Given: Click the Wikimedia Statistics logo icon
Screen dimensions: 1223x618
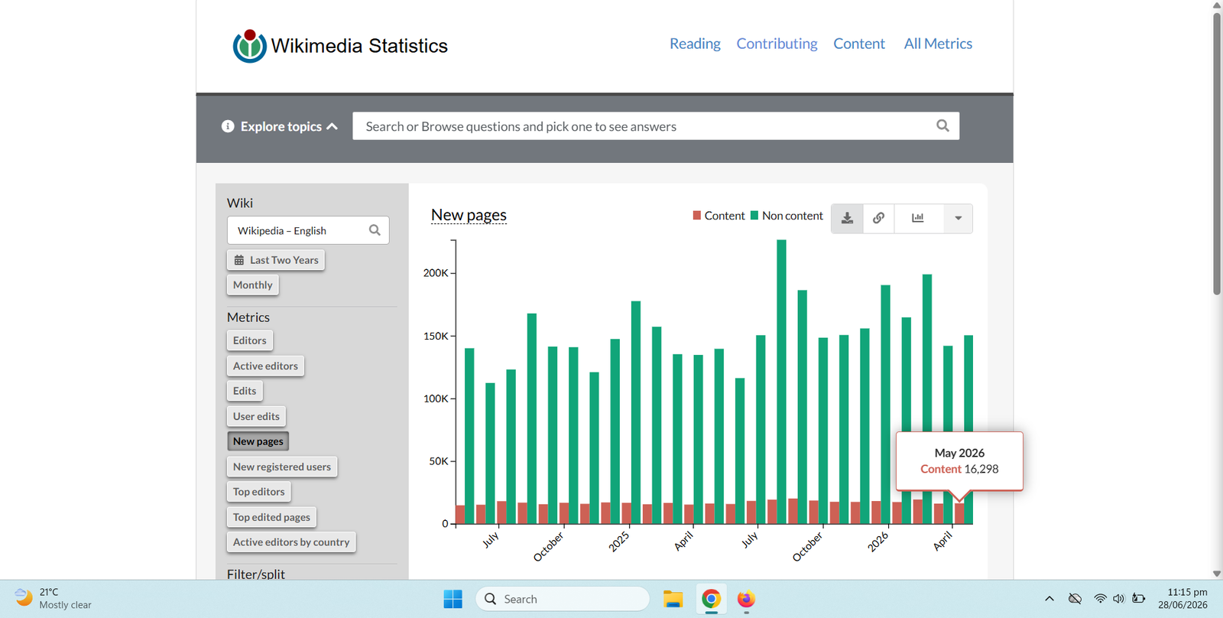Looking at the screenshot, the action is coord(249,46).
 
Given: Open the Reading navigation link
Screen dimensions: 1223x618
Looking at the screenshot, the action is coord(695,44).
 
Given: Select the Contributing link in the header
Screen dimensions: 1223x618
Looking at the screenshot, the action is coord(777,44).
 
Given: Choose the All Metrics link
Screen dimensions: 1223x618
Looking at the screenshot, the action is coord(937,44).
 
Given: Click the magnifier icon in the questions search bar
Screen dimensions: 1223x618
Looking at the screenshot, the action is coord(942,125).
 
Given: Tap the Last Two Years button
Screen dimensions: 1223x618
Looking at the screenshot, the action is coord(276,260).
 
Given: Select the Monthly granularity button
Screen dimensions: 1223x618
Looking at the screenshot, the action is coord(253,285).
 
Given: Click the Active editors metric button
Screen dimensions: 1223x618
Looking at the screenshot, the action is coord(265,366).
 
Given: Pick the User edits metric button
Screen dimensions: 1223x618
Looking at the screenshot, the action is coord(256,416).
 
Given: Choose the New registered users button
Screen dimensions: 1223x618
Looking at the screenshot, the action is coord(282,467).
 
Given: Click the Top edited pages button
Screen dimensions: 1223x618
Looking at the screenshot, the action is coord(271,517).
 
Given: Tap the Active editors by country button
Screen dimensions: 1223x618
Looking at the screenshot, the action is coord(291,542).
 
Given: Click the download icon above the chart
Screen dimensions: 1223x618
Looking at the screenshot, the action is coord(847,218).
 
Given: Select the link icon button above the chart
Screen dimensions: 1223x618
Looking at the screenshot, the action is coord(878,218).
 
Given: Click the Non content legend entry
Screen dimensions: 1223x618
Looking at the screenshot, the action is coord(787,216).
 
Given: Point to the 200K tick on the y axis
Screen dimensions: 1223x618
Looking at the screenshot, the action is coord(435,272).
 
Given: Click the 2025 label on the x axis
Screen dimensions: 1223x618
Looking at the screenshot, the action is coord(619,542).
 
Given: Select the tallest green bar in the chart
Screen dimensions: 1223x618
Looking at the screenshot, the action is coord(781,382).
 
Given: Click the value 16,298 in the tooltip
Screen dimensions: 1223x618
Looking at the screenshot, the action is coord(981,469).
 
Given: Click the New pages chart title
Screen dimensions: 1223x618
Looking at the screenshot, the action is coord(469,215).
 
